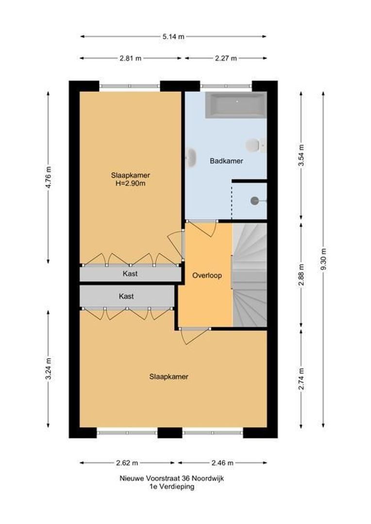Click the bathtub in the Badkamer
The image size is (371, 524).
(x=236, y=105)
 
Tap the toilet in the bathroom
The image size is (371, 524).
(x=254, y=145)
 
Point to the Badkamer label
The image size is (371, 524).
(x=226, y=161)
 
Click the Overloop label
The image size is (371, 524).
(x=207, y=275)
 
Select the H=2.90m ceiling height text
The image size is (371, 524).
(x=130, y=183)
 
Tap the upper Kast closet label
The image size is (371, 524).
(x=130, y=274)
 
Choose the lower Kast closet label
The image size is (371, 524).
(x=126, y=296)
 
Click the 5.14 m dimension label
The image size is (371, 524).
(x=174, y=36)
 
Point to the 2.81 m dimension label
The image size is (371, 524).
(x=131, y=58)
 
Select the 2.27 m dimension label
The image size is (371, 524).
(x=226, y=58)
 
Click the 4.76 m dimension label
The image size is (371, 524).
(x=48, y=178)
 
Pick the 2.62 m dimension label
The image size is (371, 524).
(x=127, y=462)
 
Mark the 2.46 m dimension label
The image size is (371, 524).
(x=222, y=462)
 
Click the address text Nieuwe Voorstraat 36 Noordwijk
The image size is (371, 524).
(x=172, y=478)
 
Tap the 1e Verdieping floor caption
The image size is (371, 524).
(x=172, y=487)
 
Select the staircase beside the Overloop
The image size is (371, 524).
(x=250, y=274)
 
